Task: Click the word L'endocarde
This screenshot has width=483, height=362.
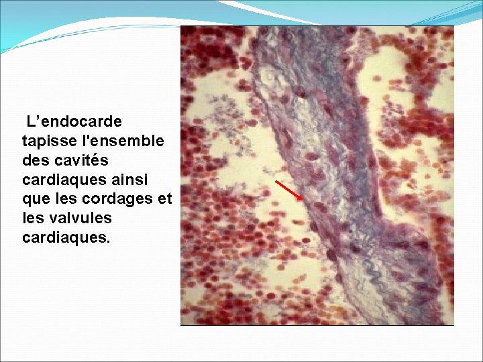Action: [x=74, y=122]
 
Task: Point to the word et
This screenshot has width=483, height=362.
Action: [x=166, y=200]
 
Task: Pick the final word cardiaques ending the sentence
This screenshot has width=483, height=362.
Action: [x=62, y=238]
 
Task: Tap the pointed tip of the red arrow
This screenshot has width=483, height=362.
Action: [x=303, y=200]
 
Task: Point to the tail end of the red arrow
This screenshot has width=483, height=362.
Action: [x=277, y=182]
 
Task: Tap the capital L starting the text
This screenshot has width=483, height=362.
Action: [x=31, y=122]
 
